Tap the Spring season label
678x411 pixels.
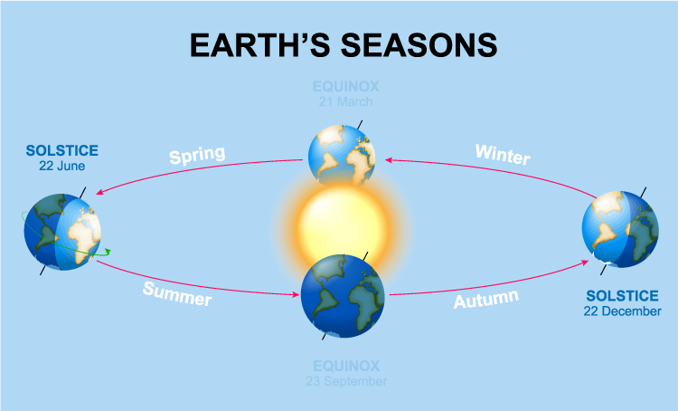coord(196,155)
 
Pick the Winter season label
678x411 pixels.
coord(503,154)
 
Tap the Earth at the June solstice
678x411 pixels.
coord(62,231)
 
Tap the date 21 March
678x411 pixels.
coord(345,102)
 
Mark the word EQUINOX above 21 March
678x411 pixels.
coord(345,88)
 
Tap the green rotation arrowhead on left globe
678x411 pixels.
coord(108,252)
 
